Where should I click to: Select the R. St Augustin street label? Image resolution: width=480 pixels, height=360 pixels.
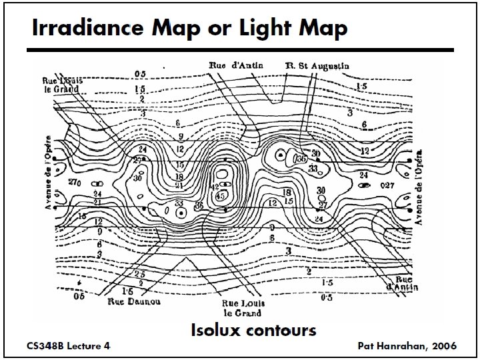pyautogui.click(x=317, y=66)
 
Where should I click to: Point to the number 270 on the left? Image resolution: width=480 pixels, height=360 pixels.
pyautogui.click(x=75, y=181)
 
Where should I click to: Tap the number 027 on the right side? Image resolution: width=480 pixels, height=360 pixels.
pyautogui.click(x=387, y=184)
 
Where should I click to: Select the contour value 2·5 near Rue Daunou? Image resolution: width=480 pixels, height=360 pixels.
pyautogui.click(x=139, y=274)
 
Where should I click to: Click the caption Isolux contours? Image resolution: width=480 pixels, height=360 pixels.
pyautogui.click(x=253, y=330)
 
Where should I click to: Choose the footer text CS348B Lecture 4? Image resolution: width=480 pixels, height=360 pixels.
pyautogui.click(x=68, y=346)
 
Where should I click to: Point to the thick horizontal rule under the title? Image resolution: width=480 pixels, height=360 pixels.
pyautogui.click(x=240, y=50)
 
